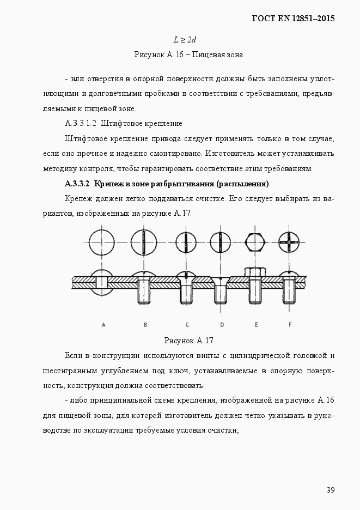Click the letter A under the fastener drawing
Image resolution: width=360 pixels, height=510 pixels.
click(103, 325)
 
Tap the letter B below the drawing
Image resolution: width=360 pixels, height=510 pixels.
click(145, 325)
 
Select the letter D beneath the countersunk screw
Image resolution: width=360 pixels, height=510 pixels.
click(221, 325)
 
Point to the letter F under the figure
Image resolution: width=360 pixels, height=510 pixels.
click(290, 325)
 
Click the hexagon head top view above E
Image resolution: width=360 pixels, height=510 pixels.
click(255, 242)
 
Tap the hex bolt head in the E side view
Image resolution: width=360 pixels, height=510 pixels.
click(255, 272)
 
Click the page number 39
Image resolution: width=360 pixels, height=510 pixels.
click(330, 490)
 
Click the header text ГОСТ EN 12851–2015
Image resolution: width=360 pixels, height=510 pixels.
click(292, 18)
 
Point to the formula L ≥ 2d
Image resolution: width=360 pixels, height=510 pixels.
click(185, 40)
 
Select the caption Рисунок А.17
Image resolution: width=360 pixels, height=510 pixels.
click(188, 341)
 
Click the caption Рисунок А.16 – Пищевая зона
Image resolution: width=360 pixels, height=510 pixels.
click(188, 54)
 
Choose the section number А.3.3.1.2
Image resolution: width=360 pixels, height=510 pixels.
click(80, 124)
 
